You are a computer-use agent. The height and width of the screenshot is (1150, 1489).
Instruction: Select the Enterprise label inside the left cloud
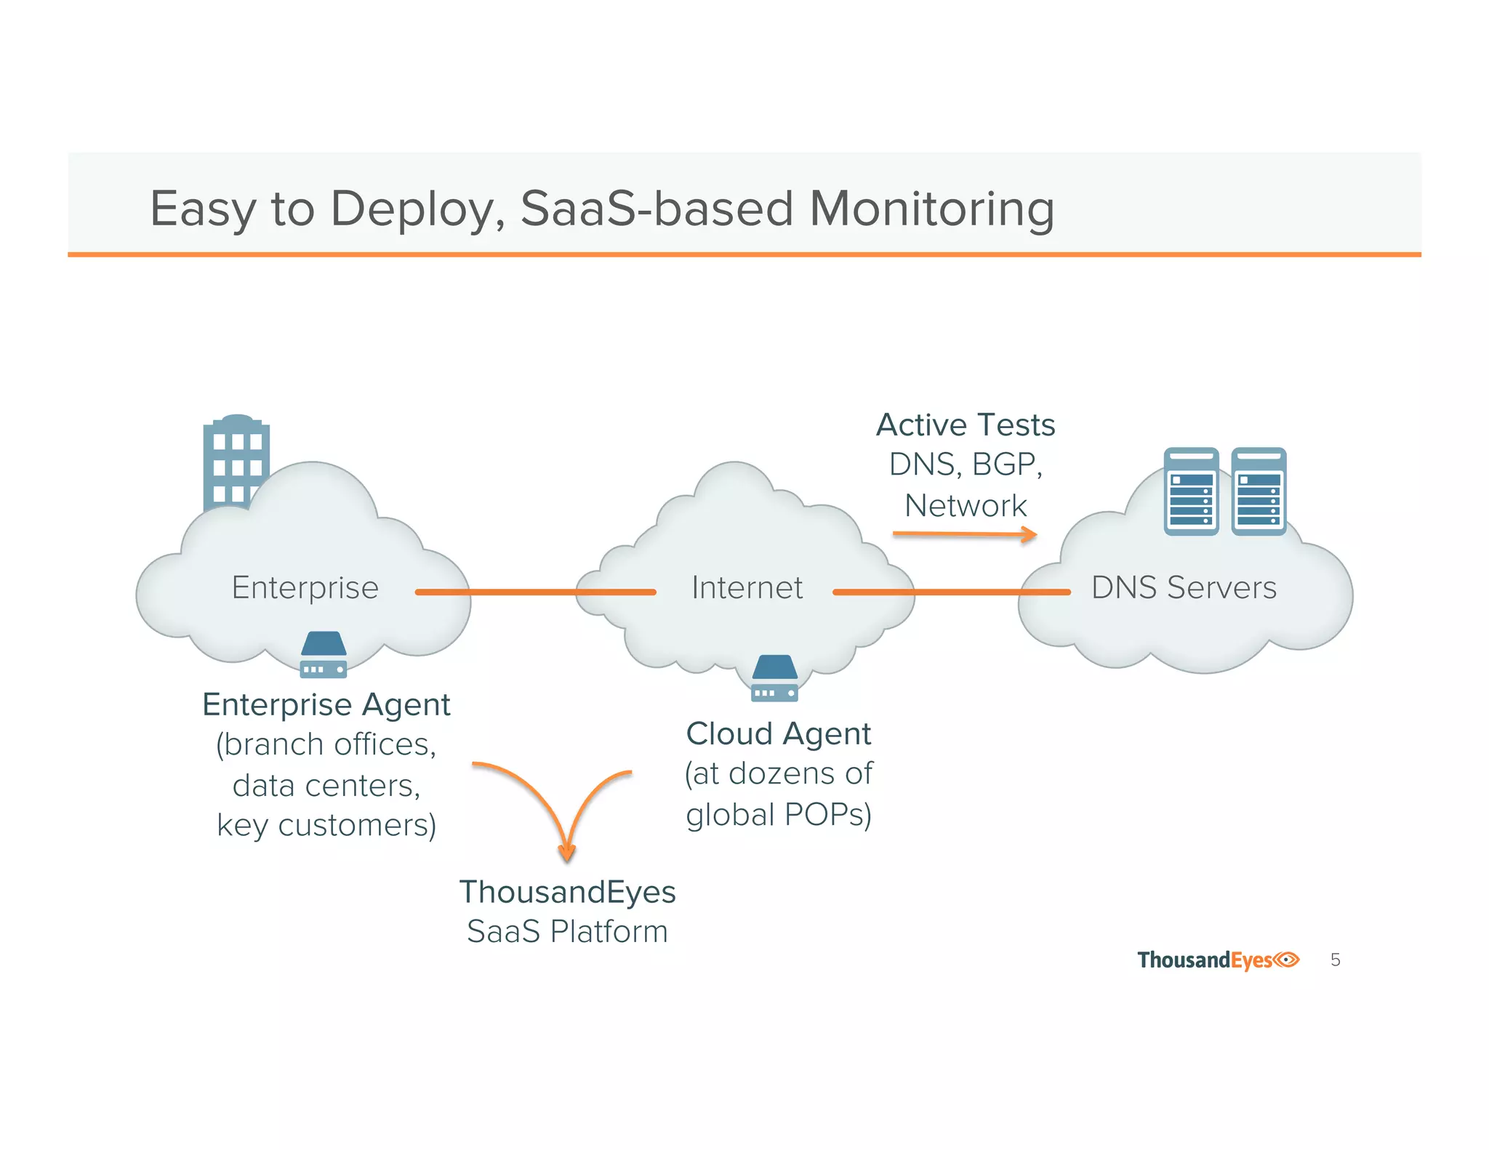(305, 587)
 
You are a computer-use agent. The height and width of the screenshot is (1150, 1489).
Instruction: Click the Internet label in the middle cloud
(747, 587)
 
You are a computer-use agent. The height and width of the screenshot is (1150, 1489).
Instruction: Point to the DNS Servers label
(1184, 587)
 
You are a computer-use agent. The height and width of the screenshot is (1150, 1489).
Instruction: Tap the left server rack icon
(1191, 491)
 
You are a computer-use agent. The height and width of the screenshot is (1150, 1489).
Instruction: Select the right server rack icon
(1259, 491)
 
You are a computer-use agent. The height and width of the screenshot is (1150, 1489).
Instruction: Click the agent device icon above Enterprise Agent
(324, 654)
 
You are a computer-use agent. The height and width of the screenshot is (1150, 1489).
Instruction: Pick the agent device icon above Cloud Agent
(774, 678)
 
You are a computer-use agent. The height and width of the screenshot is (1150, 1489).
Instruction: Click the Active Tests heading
(966, 425)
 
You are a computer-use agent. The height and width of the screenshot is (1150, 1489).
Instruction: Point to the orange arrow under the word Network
(964, 535)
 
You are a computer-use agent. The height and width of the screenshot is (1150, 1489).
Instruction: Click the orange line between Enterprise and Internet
(536, 592)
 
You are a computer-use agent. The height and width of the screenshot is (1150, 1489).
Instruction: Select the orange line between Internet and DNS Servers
(951, 592)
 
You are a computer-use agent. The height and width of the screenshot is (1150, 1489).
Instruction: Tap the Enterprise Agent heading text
(326, 704)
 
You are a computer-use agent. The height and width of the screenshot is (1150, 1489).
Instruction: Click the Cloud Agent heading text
(778, 733)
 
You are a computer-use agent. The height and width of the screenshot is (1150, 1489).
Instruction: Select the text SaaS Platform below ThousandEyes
(567, 931)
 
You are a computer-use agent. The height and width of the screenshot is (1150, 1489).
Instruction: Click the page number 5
(1335, 960)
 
